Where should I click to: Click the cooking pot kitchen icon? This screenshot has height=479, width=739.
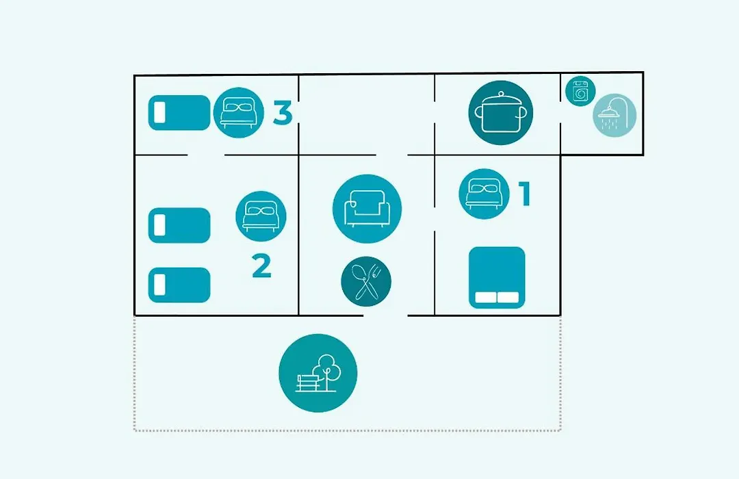coord(500,113)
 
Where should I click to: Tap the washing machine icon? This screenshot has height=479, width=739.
coord(580,91)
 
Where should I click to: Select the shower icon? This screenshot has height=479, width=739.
coord(614,116)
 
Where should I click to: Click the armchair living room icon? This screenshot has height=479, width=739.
coord(367,209)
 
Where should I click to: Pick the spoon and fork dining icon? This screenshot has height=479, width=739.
coord(366,281)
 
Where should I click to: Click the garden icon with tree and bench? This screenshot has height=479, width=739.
coord(317,373)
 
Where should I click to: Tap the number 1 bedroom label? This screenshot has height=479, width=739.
coord(525,194)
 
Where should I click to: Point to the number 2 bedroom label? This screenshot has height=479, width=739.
coord(261,266)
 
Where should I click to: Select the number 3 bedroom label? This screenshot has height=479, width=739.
coord(283,113)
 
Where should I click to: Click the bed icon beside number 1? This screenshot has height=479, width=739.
coord(484,194)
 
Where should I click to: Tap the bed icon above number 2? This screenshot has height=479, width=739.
coord(261,216)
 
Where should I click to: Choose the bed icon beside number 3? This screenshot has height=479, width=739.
coord(239,113)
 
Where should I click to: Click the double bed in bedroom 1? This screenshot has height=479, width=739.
coord(497,277)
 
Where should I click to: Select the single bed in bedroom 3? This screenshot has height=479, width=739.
coord(179,113)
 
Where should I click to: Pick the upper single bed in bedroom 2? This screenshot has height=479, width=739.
coord(179,225)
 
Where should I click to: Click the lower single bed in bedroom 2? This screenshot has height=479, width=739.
coord(179,285)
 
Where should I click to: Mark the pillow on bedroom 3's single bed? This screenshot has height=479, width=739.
coord(159,113)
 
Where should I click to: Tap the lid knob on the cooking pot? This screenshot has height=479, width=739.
coord(500,94)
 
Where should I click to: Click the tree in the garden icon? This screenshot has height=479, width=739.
coord(329,371)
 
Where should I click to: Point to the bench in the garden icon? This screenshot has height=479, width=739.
coord(308,383)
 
